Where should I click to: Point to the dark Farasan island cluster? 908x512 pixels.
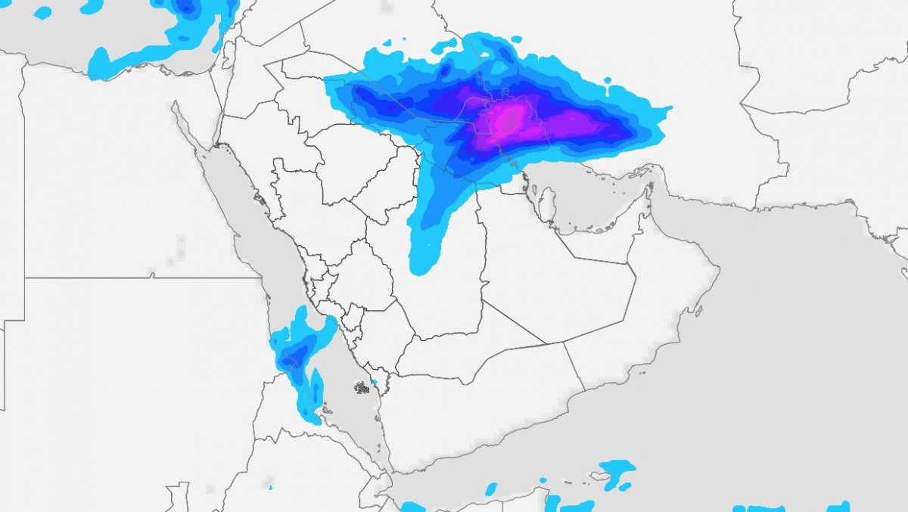tap(362, 388)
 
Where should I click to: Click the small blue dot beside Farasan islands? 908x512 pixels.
tap(373, 382)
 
